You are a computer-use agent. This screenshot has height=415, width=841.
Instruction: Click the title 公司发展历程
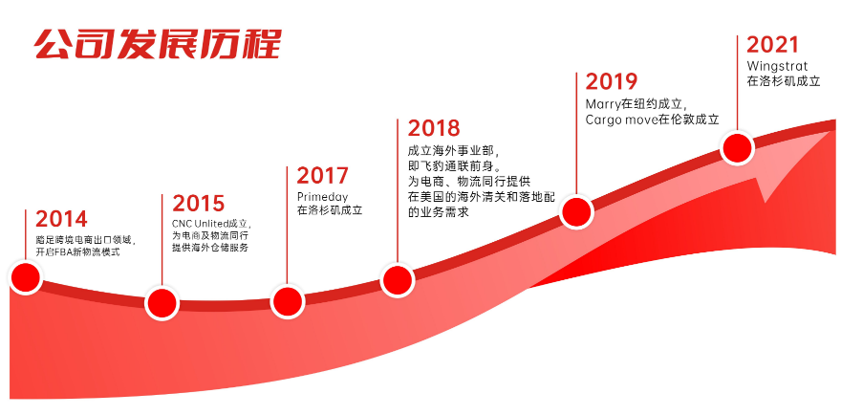158,43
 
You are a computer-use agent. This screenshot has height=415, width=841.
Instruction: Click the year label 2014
61,219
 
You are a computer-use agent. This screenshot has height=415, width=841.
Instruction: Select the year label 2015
199,204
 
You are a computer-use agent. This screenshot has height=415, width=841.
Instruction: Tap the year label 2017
322,176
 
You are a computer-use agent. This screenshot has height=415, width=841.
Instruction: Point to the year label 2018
434,128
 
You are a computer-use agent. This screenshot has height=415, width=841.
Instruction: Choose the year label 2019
612,81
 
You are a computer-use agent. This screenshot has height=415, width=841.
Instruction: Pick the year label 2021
772,45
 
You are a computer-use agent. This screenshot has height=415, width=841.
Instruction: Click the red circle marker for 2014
25,277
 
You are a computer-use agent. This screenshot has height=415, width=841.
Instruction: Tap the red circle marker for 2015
162,303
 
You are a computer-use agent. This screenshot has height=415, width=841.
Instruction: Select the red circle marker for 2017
287,302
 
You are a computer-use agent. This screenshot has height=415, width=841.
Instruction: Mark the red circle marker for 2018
397,280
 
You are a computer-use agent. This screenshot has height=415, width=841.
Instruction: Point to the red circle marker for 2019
576,212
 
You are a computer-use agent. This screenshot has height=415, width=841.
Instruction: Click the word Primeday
322,197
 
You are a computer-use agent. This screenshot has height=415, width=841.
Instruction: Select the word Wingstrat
777,67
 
